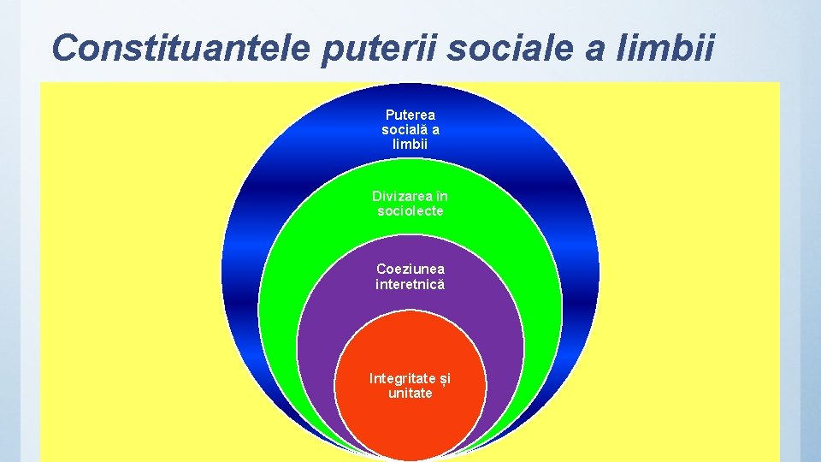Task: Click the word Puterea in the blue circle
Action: tap(410, 115)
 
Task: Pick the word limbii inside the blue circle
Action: tap(410, 144)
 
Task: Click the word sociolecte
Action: tap(410, 211)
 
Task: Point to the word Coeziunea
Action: tap(410, 269)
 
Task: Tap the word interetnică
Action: tap(410, 284)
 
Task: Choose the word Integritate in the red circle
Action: tap(403, 378)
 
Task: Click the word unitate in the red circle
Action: tap(410, 394)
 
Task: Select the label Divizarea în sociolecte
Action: tap(410, 204)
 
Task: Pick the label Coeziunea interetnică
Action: tap(410, 276)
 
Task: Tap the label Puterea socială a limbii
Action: tap(410, 129)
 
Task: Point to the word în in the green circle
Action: tap(440, 197)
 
